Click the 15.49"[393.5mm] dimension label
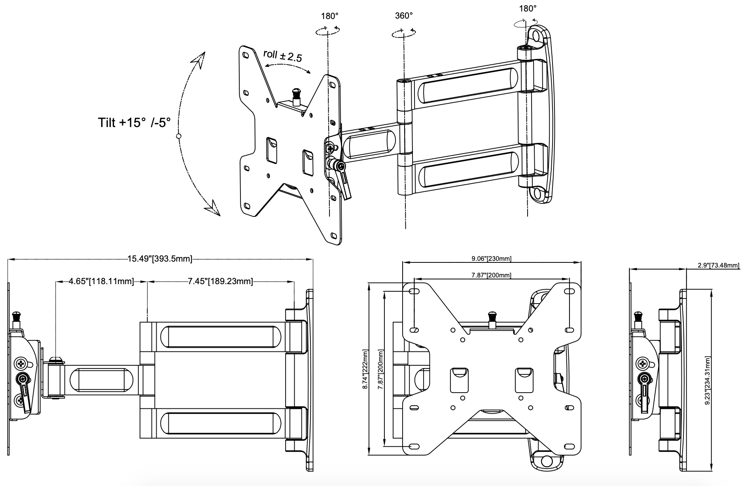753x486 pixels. point(159,259)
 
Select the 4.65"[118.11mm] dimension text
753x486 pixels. point(101,281)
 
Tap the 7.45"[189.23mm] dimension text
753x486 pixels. point(220,281)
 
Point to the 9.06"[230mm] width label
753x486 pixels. point(491,259)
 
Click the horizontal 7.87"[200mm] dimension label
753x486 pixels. point(491,275)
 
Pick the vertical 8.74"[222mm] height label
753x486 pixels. point(365,369)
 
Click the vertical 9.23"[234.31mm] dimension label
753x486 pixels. point(707,381)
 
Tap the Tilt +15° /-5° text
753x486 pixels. point(134,123)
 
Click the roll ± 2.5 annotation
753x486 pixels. point(282,56)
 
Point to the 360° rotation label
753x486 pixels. point(404,16)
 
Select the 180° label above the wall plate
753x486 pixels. point(528,9)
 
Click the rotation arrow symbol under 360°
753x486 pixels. point(404,33)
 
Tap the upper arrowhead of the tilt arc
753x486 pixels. point(199,60)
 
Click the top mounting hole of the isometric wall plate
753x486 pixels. point(537,35)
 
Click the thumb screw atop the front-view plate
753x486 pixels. point(492,316)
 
